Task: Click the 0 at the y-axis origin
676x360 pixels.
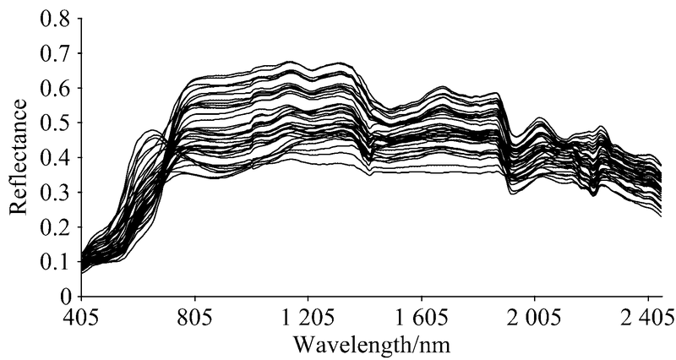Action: coord(64,296)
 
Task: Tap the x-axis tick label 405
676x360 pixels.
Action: coord(81,319)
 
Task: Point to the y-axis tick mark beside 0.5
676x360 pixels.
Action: coord(84,123)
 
